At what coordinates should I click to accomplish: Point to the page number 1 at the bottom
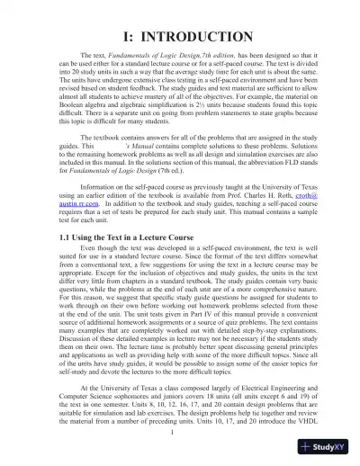[x=180, y=431]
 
